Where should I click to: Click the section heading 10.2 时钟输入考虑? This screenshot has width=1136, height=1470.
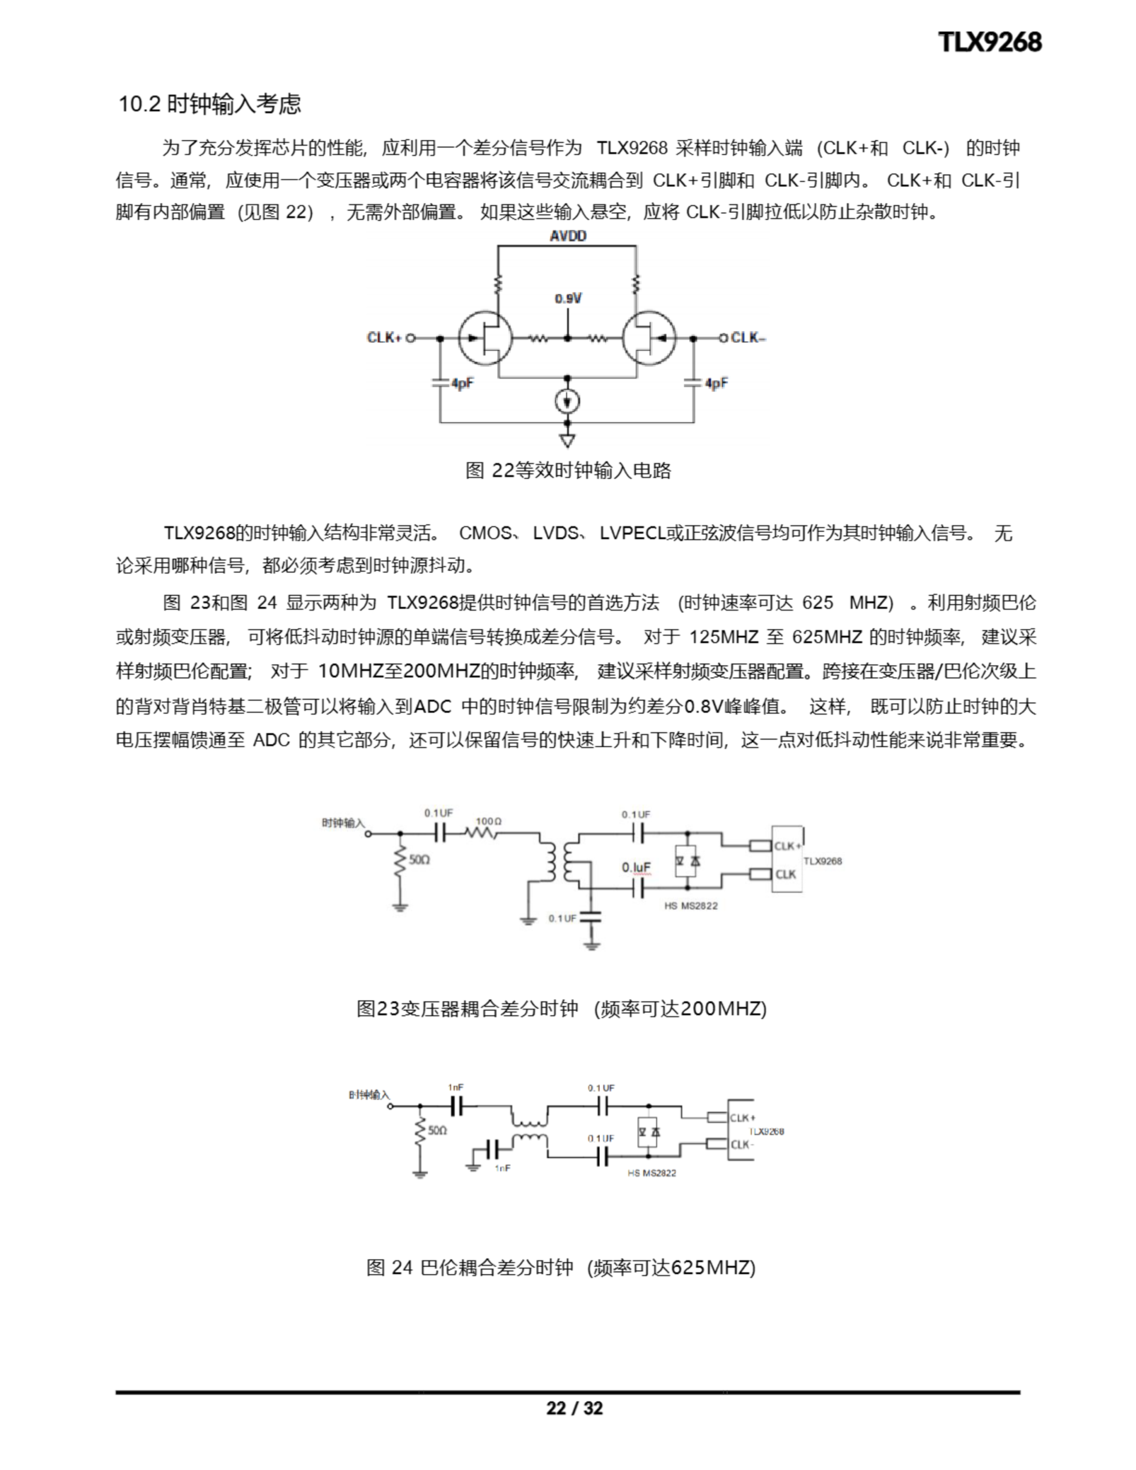click(210, 104)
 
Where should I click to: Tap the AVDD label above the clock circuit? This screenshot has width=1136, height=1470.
click(567, 235)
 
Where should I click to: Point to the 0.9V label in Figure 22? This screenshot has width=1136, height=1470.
click(567, 298)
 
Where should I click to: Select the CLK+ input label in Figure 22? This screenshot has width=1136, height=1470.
click(384, 337)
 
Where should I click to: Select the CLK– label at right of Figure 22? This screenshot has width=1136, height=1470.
click(747, 337)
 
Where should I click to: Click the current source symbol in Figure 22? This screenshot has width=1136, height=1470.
click(567, 402)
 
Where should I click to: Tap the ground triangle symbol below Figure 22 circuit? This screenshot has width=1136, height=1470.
click(567, 441)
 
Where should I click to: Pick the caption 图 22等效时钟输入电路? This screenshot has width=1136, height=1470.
click(567, 470)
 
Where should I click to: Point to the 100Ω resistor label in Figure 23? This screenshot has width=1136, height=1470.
click(488, 821)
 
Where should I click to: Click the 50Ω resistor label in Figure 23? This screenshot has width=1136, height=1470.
click(419, 860)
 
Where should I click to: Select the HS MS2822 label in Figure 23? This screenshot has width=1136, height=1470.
click(690, 906)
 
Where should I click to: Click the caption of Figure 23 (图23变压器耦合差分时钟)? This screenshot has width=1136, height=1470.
click(561, 1008)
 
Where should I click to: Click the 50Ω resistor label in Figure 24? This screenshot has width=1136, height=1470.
click(437, 1130)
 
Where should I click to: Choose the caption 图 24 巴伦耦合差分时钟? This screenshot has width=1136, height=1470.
click(561, 1267)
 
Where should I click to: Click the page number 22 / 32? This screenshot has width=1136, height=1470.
click(574, 1408)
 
